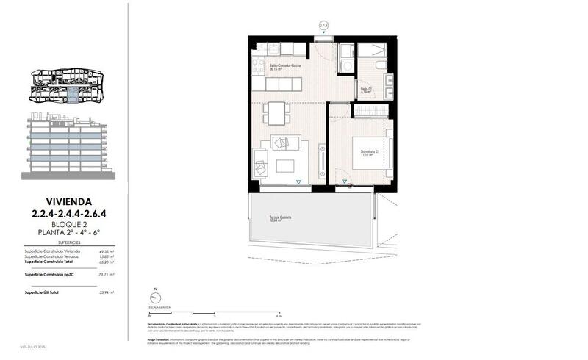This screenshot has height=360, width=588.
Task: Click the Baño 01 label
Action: [x=366, y=90]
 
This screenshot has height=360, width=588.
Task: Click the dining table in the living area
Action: [x=276, y=112]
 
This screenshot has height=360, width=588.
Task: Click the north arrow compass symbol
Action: [x=154, y=296]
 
